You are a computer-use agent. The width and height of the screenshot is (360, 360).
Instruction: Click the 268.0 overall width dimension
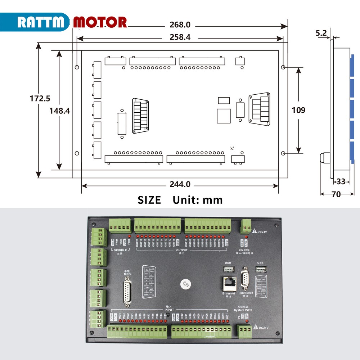pyautogui.click(x=180, y=26)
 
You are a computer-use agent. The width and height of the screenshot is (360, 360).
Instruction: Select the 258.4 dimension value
pyautogui.click(x=180, y=37)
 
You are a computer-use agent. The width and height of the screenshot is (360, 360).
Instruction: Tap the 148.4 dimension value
pyautogui.click(x=60, y=111)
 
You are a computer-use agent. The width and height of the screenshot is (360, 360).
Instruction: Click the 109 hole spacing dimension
pyautogui.click(x=298, y=110)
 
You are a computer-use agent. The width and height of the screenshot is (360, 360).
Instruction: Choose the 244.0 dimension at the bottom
pyautogui.click(x=180, y=184)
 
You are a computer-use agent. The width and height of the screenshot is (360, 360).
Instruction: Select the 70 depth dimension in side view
pyautogui.click(x=336, y=194)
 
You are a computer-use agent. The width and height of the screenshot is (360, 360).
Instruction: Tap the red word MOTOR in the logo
pyautogui.click(x=100, y=22)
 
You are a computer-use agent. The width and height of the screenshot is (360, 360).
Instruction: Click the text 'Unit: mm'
pyautogui.click(x=198, y=200)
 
